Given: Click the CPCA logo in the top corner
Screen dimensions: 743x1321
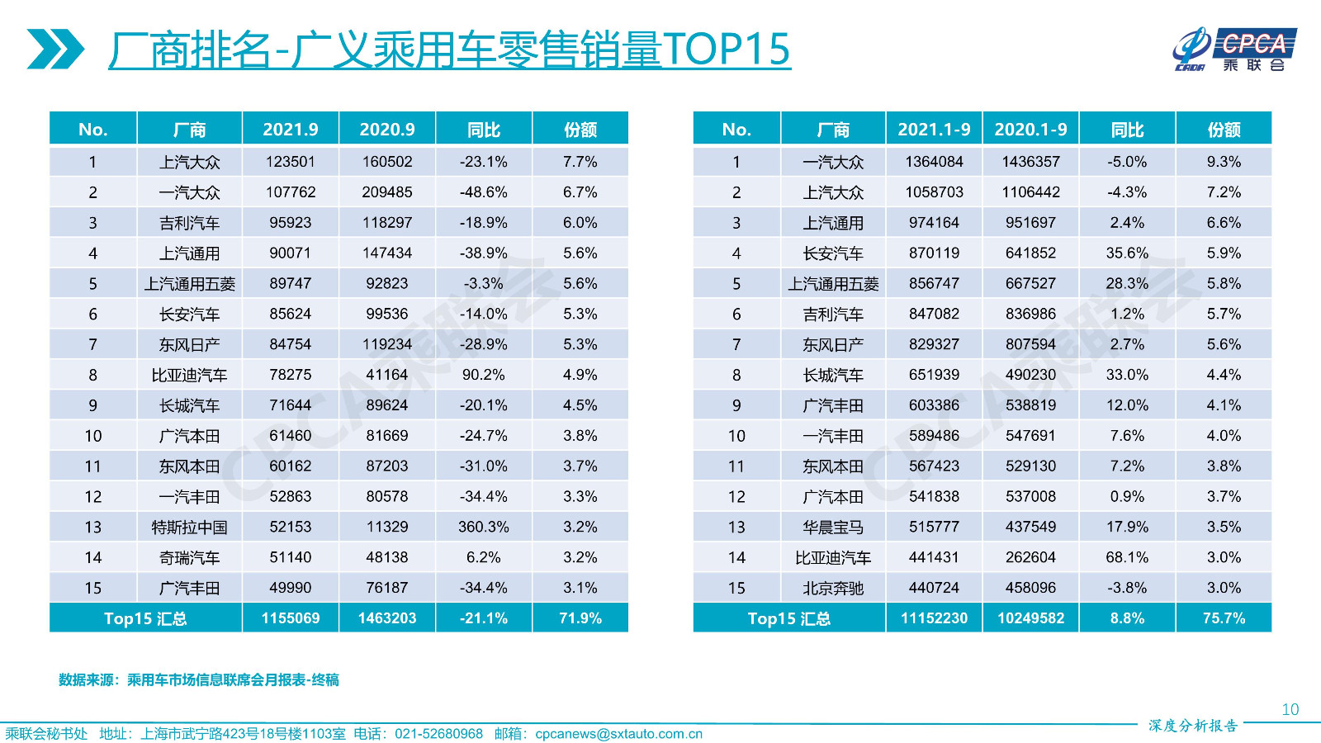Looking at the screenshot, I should [1233, 50].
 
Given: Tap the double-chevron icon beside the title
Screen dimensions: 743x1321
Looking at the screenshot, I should [54, 49].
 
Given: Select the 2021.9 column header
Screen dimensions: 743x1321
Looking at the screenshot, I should [290, 130].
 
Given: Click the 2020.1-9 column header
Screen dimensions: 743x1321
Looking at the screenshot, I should [1030, 130].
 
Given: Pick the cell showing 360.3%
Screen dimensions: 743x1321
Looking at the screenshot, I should [484, 527].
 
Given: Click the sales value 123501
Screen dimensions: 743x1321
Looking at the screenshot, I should [290, 162].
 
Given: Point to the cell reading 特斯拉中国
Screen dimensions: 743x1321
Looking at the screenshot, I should [189, 528].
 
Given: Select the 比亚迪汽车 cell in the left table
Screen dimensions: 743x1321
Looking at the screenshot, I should [189, 376].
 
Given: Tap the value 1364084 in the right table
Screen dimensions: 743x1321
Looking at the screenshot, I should [934, 162].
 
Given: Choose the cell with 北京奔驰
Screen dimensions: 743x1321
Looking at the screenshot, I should [833, 589].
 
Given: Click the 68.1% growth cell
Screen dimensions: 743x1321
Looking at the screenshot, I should [1127, 557].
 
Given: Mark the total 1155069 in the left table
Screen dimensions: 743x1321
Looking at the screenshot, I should [290, 618].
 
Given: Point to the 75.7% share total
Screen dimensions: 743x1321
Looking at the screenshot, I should [1224, 618].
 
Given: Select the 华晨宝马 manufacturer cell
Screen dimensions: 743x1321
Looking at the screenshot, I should [833, 528].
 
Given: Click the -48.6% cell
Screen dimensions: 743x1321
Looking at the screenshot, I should [484, 192].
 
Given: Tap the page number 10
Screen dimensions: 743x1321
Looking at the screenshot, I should [1290, 709].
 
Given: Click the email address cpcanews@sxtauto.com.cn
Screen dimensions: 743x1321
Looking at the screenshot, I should [618, 734].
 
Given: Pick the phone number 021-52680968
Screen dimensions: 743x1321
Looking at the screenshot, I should [438, 734].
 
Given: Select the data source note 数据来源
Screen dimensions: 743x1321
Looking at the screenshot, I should [198, 680].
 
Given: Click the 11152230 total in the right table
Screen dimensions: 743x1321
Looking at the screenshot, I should [934, 618].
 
